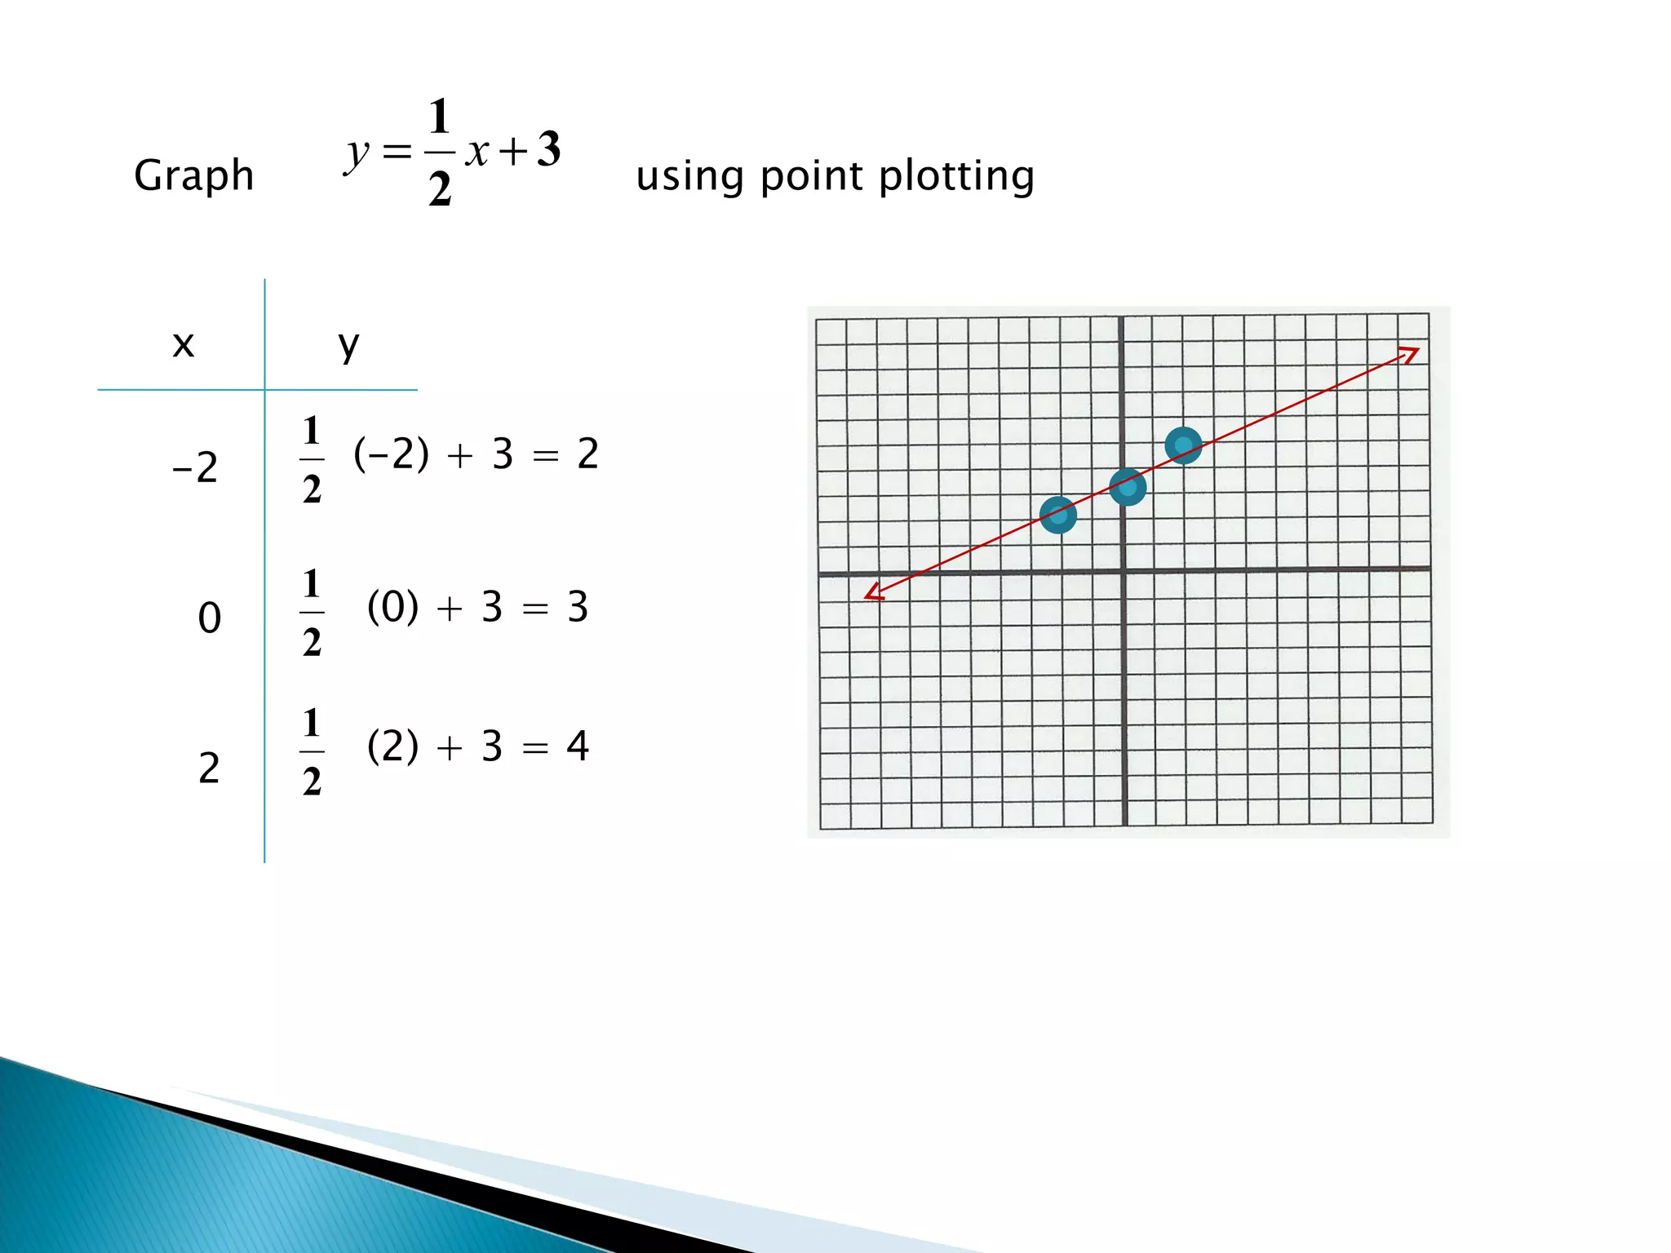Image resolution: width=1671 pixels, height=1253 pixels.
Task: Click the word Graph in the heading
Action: [194, 176]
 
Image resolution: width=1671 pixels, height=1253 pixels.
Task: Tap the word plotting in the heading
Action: [956, 176]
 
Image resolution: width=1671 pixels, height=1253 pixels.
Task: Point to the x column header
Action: [184, 344]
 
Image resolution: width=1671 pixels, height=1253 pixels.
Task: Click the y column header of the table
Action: [348, 346]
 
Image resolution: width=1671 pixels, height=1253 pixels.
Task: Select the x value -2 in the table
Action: [196, 468]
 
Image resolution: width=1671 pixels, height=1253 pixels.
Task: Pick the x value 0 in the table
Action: [210, 618]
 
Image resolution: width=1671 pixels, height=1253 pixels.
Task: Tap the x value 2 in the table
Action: [210, 768]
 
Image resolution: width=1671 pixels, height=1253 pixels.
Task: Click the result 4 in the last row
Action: [578, 746]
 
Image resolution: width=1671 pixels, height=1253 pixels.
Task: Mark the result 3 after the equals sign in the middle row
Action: [578, 607]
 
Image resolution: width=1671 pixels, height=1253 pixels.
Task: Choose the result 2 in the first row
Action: [587, 454]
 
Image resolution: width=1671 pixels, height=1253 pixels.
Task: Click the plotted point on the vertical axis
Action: [1128, 487]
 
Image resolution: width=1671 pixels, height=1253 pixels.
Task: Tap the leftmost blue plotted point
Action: [1058, 516]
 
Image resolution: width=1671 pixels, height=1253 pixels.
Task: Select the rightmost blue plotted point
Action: [1183, 445]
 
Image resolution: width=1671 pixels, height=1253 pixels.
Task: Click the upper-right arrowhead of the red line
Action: [1410, 354]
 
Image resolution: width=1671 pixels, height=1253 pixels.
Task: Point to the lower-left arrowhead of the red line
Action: [874, 592]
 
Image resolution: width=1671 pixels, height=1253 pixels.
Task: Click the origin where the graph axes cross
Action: [1124, 571]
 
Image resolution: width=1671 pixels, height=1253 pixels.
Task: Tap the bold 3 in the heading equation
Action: [549, 149]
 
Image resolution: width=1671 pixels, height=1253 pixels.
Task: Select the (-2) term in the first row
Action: [391, 454]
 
